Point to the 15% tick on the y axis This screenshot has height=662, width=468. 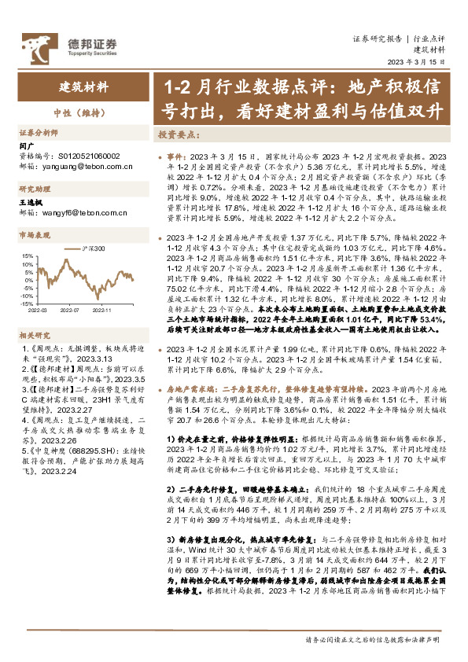point(26,256)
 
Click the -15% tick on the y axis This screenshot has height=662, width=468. point(26,303)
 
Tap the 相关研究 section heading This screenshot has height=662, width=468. point(34,333)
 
